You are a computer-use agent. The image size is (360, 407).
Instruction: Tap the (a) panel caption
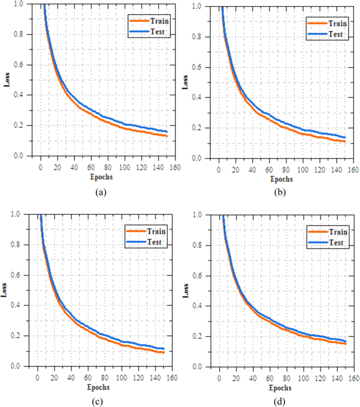click(x=100, y=193)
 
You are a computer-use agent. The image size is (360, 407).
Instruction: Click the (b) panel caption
click(x=281, y=193)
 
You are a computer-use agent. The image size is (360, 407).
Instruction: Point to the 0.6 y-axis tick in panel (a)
click(x=19, y=65)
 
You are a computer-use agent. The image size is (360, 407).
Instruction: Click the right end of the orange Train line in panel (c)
click(x=164, y=352)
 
